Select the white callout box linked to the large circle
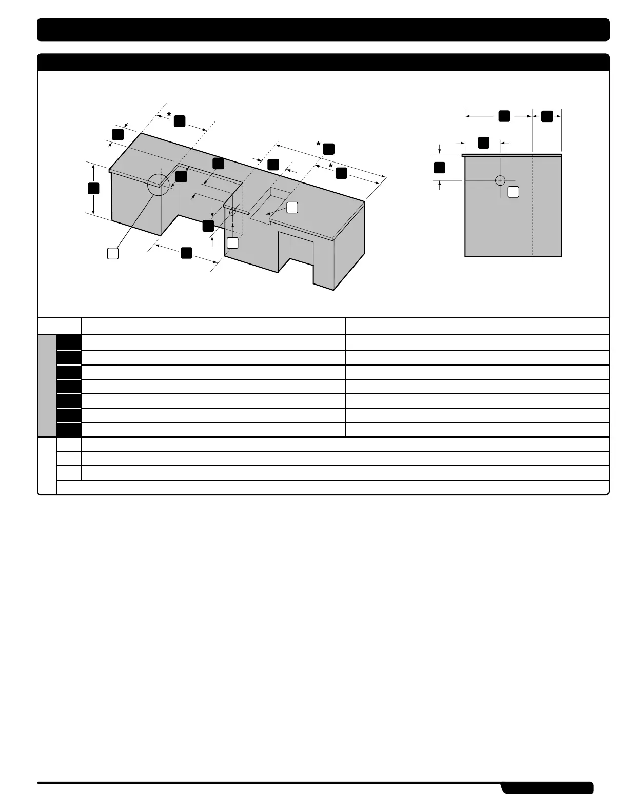point(113,253)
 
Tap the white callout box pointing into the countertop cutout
point(291,208)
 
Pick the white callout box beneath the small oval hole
point(232,243)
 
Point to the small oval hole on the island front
point(232,211)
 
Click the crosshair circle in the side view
point(500,180)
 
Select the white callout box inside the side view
point(513,192)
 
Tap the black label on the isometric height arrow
point(93,188)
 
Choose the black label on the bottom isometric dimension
point(186,252)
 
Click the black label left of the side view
point(439,167)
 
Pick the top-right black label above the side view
point(547,116)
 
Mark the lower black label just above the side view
point(483,143)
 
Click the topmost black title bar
point(323,30)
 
